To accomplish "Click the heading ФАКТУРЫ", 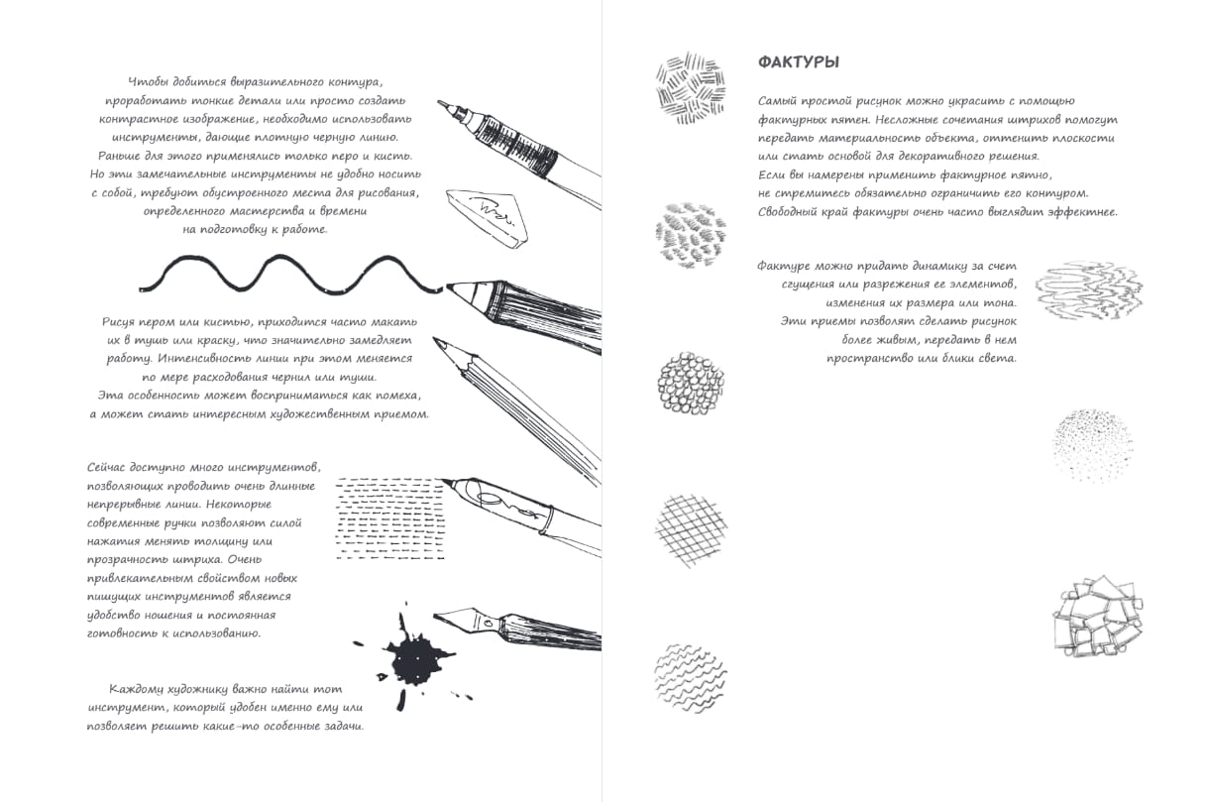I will pos(799,62).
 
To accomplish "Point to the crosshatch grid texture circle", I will pos(691,530).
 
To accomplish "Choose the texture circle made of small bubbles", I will pos(691,383).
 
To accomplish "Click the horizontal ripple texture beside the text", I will pos(1089,290).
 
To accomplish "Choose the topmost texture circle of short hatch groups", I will pos(691,84).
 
